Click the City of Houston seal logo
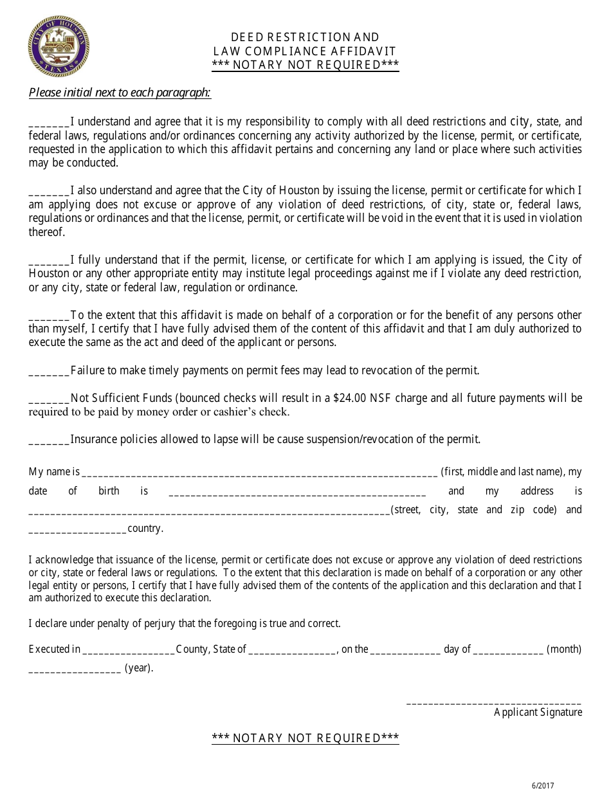59,46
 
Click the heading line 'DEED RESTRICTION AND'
305,37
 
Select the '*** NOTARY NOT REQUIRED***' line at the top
305,64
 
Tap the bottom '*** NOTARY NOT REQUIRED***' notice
305,738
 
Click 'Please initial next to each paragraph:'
120,93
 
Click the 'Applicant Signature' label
538,712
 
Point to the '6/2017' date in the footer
542,785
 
